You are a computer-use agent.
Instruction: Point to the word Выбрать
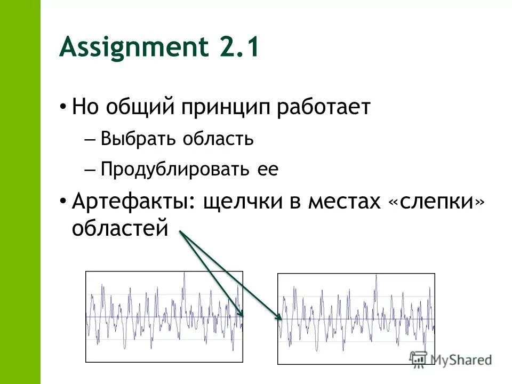coord(140,140)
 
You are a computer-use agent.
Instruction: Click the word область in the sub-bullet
coord(218,140)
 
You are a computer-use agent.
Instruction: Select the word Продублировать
coord(175,170)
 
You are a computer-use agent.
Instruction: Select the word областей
coord(120,228)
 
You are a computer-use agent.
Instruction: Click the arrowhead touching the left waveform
coord(241,314)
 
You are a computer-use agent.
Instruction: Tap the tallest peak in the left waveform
coord(184,274)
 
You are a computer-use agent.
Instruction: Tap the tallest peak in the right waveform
coord(376,276)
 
